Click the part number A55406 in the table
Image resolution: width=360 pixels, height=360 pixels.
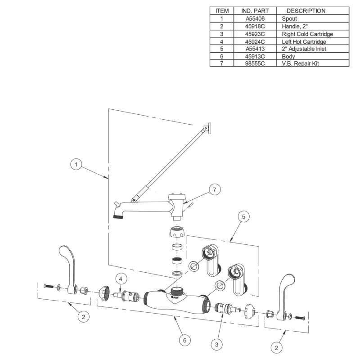pos(255,18)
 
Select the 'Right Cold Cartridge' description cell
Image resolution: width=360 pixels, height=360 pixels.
pos(307,34)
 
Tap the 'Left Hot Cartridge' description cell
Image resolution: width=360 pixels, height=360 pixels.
pos(304,41)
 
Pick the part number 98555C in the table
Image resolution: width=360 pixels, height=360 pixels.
pos(255,63)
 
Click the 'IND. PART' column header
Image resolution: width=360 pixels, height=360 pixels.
pos(255,11)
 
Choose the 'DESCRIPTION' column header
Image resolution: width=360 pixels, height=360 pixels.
pos(306,11)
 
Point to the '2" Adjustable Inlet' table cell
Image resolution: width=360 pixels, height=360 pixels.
pos(304,49)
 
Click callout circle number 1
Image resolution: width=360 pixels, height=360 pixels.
pos(76,164)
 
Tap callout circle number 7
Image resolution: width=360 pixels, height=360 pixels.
pos(215,189)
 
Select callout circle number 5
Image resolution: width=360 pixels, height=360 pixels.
pos(243,216)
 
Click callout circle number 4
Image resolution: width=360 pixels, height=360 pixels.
pos(121,279)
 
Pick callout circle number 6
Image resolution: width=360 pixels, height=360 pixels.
pos(185,340)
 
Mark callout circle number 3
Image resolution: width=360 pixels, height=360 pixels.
pos(217,344)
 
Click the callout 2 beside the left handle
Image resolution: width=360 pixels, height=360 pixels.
pos(83,317)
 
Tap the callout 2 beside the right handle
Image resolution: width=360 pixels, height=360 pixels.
pos(276,347)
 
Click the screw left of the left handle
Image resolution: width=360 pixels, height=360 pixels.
pos(49,286)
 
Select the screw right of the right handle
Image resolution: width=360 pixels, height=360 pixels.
pos(299,318)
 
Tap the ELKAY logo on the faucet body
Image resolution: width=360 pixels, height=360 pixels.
pos(175,297)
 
